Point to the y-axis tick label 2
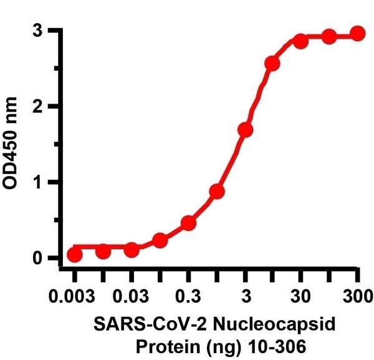(37, 106)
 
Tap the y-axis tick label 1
(37, 182)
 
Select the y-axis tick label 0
(37, 258)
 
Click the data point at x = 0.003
(75, 255)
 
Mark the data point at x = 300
(357, 33)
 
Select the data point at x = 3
(245, 130)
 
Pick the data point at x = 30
(301, 41)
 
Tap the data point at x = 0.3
(189, 223)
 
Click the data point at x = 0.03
(132, 250)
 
